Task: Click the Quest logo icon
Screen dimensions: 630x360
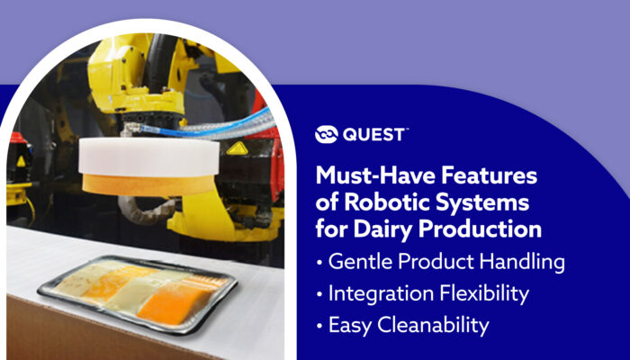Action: [326, 135]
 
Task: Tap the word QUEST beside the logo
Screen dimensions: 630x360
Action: [374, 135]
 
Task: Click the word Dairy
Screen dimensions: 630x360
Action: [382, 229]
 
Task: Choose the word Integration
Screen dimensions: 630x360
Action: [381, 294]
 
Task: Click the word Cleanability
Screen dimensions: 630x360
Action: [433, 326]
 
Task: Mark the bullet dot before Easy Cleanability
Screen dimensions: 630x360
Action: [319, 327]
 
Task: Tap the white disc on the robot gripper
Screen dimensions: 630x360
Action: [148, 157]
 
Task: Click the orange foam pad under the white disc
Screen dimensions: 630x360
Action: [148, 184]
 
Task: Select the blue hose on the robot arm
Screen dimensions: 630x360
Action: [205, 124]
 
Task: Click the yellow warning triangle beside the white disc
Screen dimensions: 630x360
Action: [237, 149]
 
